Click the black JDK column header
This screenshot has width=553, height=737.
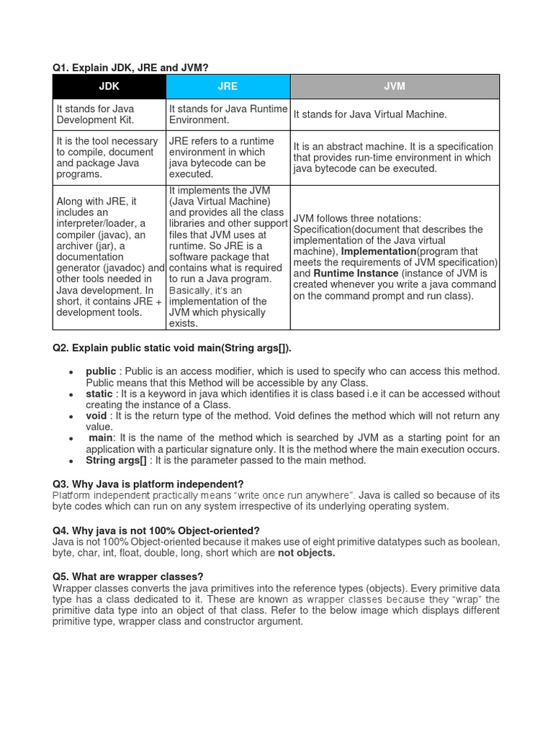[x=109, y=86]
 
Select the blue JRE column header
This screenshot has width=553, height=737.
[x=228, y=86]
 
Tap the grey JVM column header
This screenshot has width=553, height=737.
[x=395, y=86]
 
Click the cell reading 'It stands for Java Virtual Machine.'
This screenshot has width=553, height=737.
[x=370, y=114]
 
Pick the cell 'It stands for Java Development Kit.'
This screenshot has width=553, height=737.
[x=108, y=114]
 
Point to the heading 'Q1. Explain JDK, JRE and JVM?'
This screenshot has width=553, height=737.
[x=130, y=68]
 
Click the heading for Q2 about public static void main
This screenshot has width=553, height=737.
[x=172, y=348]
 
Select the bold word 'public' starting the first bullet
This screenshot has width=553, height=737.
[x=101, y=371]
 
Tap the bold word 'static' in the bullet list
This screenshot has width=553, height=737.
[x=99, y=394]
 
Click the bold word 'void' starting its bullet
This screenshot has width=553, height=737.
[x=97, y=416]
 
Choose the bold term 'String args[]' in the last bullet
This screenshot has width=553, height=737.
[x=116, y=461]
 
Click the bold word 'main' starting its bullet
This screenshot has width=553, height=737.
[x=101, y=438]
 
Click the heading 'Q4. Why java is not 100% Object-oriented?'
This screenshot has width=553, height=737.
[x=156, y=530]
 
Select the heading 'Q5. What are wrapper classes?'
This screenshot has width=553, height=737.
[x=128, y=577]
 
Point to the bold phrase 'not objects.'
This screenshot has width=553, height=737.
[x=307, y=553]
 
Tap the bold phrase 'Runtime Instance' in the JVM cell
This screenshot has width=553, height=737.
[x=356, y=273]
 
